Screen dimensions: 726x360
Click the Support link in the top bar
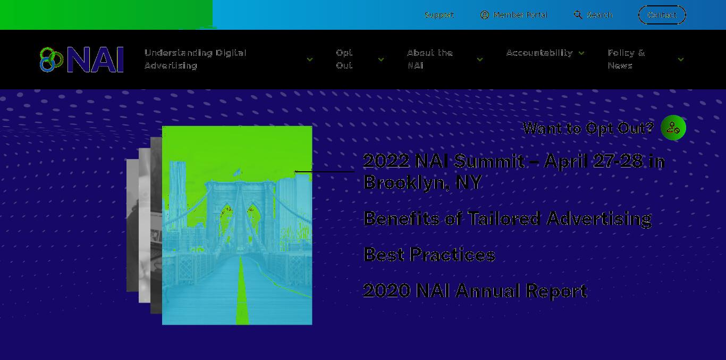coord(439,15)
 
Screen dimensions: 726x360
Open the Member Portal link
coord(520,15)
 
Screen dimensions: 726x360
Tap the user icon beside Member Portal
coord(485,15)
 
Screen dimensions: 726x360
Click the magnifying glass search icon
coord(578,15)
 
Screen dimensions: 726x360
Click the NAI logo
coord(81,60)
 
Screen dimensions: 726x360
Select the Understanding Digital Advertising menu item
coord(196,59)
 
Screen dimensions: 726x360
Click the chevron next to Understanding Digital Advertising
coord(310,60)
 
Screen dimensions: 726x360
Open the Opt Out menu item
coord(344,59)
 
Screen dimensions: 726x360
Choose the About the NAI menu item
coord(430,59)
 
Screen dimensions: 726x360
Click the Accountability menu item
coord(539,53)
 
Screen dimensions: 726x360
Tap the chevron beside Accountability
coord(581,53)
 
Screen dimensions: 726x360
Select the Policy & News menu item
coord(626,59)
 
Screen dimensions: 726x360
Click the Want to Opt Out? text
coord(588,128)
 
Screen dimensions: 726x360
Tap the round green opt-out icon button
coord(673,128)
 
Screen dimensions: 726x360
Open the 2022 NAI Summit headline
coord(514,171)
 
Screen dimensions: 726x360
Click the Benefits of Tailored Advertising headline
coord(508,218)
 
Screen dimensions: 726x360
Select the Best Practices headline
coord(429,255)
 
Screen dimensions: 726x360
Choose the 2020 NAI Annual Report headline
coord(475,290)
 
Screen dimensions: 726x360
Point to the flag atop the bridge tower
coord(238,172)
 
